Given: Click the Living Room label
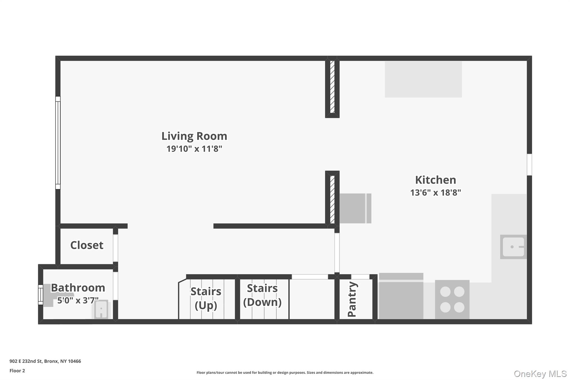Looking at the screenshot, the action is (x=194, y=136).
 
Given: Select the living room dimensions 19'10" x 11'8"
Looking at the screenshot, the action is (x=194, y=149).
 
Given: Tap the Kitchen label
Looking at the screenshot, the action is (x=436, y=180).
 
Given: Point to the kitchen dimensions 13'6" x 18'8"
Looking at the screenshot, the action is (x=436, y=192).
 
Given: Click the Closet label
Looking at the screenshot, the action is (x=87, y=245).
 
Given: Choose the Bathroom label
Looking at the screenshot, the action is (x=78, y=288).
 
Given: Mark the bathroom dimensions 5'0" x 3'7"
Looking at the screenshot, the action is (x=78, y=300).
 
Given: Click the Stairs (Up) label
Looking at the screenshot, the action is (x=206, y=298).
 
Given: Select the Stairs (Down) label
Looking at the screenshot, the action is (x=262, y=295).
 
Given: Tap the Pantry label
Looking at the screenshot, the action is (x=352, y=299).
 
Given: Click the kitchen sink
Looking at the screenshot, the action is (x=513, y=247).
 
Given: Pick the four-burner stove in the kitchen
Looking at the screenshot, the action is (x=452, y=300).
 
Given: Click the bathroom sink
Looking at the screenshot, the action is (x=101, y=309).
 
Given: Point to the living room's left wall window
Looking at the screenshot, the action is (x=58, y=143).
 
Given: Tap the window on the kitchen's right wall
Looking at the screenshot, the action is (x=529, y=165).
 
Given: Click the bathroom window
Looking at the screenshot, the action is (x=41, y=295).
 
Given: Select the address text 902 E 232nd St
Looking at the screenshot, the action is (x=26, y=361).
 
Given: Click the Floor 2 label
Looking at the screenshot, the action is (x=17, y=371).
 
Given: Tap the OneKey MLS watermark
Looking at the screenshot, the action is (x=540, y=374).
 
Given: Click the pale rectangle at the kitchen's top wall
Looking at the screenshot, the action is (x=423, y=79).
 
